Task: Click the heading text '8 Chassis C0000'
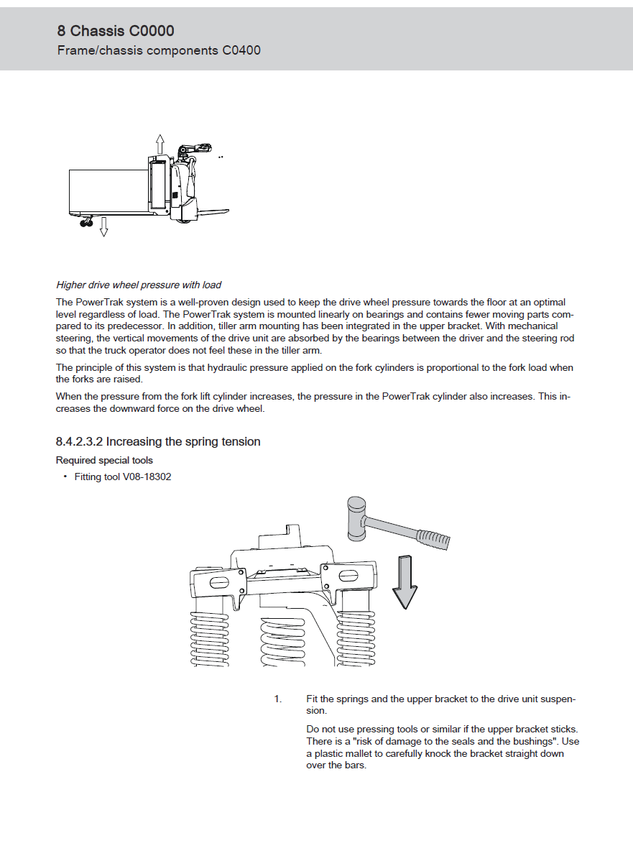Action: point(116,31)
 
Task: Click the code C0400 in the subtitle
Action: point(241,50)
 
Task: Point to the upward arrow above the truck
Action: point(160,142)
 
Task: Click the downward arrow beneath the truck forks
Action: point(103,226)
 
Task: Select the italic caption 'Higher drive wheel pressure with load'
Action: point(139,285)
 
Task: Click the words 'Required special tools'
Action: point(104,461)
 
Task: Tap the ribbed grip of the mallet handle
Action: point(435,538)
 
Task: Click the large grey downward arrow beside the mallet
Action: point(405,583)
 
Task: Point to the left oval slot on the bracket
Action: point(218,581)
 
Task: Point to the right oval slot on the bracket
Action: point(348,576)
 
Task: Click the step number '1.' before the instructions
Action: point(278,699)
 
